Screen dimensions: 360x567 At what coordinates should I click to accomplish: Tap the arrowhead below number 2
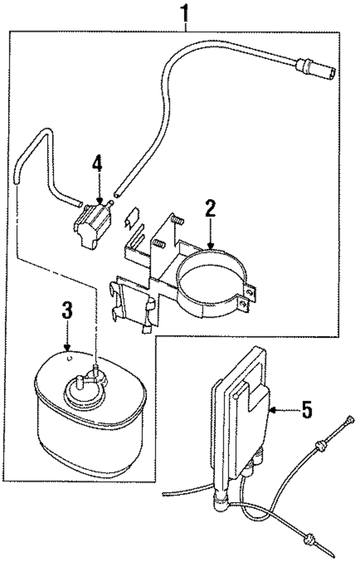pos(211,246)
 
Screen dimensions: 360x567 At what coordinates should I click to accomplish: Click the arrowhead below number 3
pos(67,348)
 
